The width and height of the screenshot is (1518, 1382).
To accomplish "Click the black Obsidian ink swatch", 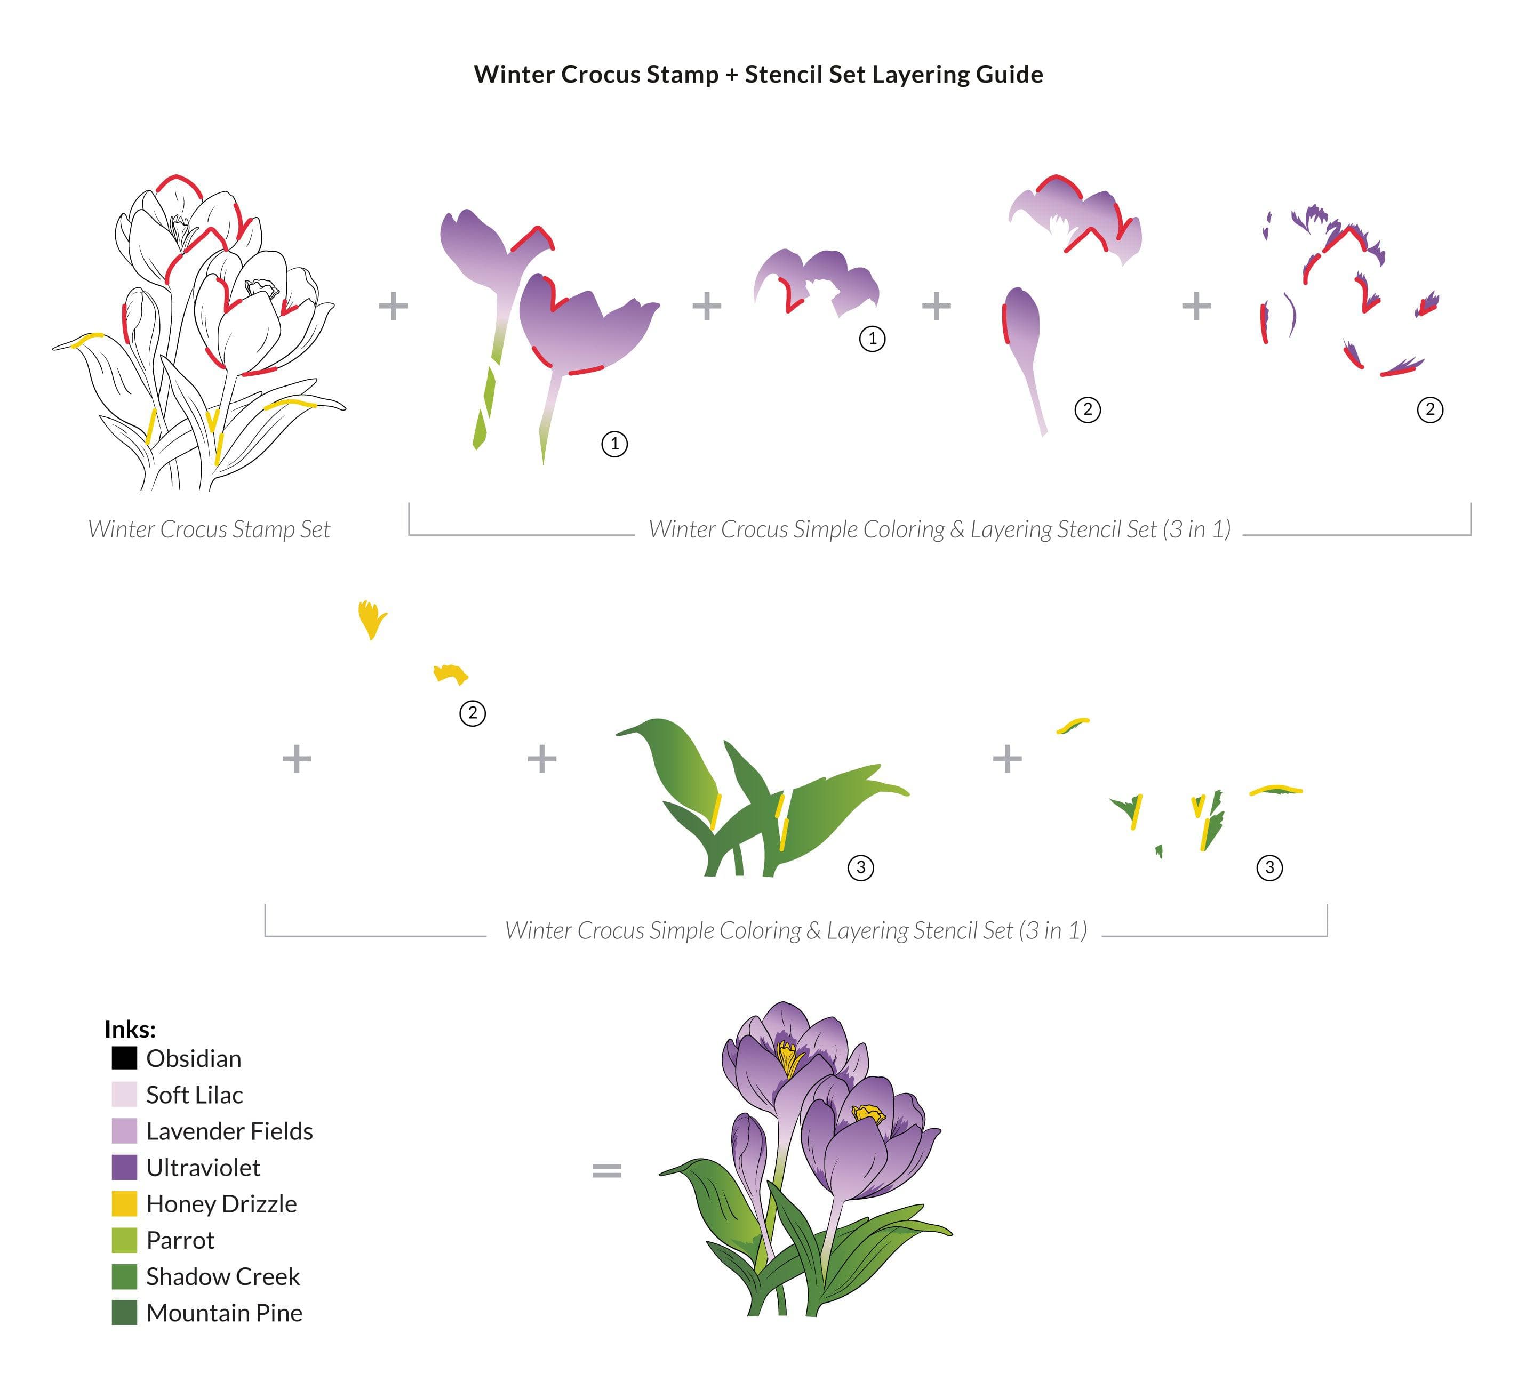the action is (x=124, y=1058).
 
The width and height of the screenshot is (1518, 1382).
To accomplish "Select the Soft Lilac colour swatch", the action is (x=124, y=1095).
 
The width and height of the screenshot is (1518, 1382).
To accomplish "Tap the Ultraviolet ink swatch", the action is (x=124, y=1168).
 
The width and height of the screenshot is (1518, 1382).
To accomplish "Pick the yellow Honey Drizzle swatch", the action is (x=124, y=1203).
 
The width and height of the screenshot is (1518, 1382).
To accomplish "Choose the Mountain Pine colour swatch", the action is (x=124, y=1313).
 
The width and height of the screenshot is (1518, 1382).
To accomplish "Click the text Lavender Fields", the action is (x=230, y=1131).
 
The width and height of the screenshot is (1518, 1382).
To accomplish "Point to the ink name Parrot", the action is (x=181, y=1241).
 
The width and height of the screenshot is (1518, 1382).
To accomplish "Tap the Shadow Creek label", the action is (x=223, y=1276).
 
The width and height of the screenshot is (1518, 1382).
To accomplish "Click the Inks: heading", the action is (x=130, y=1029).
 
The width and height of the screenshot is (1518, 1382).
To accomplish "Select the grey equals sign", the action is (x=607, y=1170).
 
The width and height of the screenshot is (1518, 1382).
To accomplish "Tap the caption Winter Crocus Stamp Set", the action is (x=209, y=529).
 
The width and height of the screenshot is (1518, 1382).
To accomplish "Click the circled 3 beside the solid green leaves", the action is (x=861, y=868).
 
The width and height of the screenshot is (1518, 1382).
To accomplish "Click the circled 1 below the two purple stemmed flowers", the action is (x=614, y=444).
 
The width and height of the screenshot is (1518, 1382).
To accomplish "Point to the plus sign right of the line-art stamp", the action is (x=393, y=306).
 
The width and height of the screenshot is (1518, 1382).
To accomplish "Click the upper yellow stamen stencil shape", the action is (x=371, y=618).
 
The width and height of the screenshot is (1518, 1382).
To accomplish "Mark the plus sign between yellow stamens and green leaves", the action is (x=542, y=758).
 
